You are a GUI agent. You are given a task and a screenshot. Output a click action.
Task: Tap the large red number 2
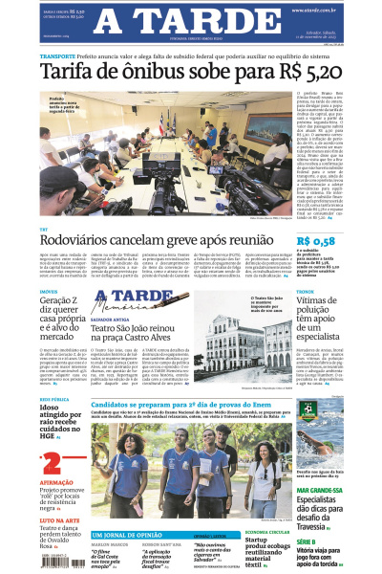click(x=52, y=466)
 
